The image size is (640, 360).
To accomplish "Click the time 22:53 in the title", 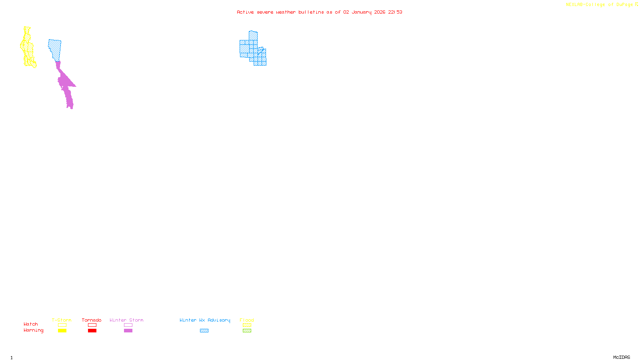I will pyautogui.click(x=395, y=12).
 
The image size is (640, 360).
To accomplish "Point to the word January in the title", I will pyautogui.click(x=362, y=12).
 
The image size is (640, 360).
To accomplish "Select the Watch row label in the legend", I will pyautogui.click(x=31, y=324).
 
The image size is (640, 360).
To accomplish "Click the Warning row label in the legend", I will pyautogui.click(x=33, y=330).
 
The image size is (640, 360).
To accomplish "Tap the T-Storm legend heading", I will pyautogui.click(x=62, y=320).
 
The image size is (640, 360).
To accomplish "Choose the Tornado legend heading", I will pyautogui.click(x=92, y=320).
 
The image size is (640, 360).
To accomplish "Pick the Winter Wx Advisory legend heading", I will pyautogui.click(x=205, y=320).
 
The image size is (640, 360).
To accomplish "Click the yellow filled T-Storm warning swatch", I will pyautogui.click(x=62, y=331).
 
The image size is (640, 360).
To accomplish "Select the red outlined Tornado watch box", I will pyautogui.click(x=92, y=325).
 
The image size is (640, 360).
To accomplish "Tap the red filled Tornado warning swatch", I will pyautogui.click(x=92, y=331).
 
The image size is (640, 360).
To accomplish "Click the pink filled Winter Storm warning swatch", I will pyautogui.click(x=128, y=331).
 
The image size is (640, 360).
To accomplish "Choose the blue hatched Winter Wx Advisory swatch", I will pyautogui.click(x=204, y=331).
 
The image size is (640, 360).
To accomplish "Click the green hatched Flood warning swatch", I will pyautogui.click(x=247, y=331).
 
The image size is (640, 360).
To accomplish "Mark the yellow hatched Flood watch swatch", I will pyautogui.click(x=247, y=325).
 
